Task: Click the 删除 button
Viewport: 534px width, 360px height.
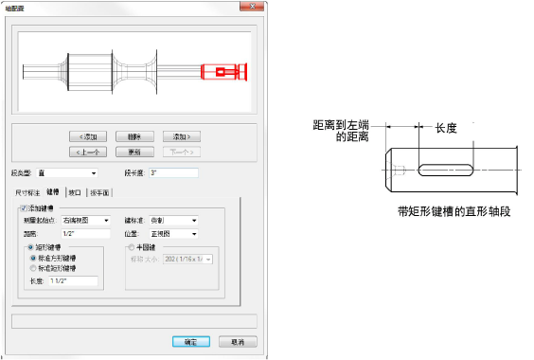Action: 135,135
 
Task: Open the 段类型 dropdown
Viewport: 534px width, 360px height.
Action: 67,173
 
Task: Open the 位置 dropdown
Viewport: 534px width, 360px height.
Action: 174,233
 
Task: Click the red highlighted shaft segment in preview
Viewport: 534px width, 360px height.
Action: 223,72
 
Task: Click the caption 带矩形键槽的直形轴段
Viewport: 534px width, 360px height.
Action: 454,212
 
